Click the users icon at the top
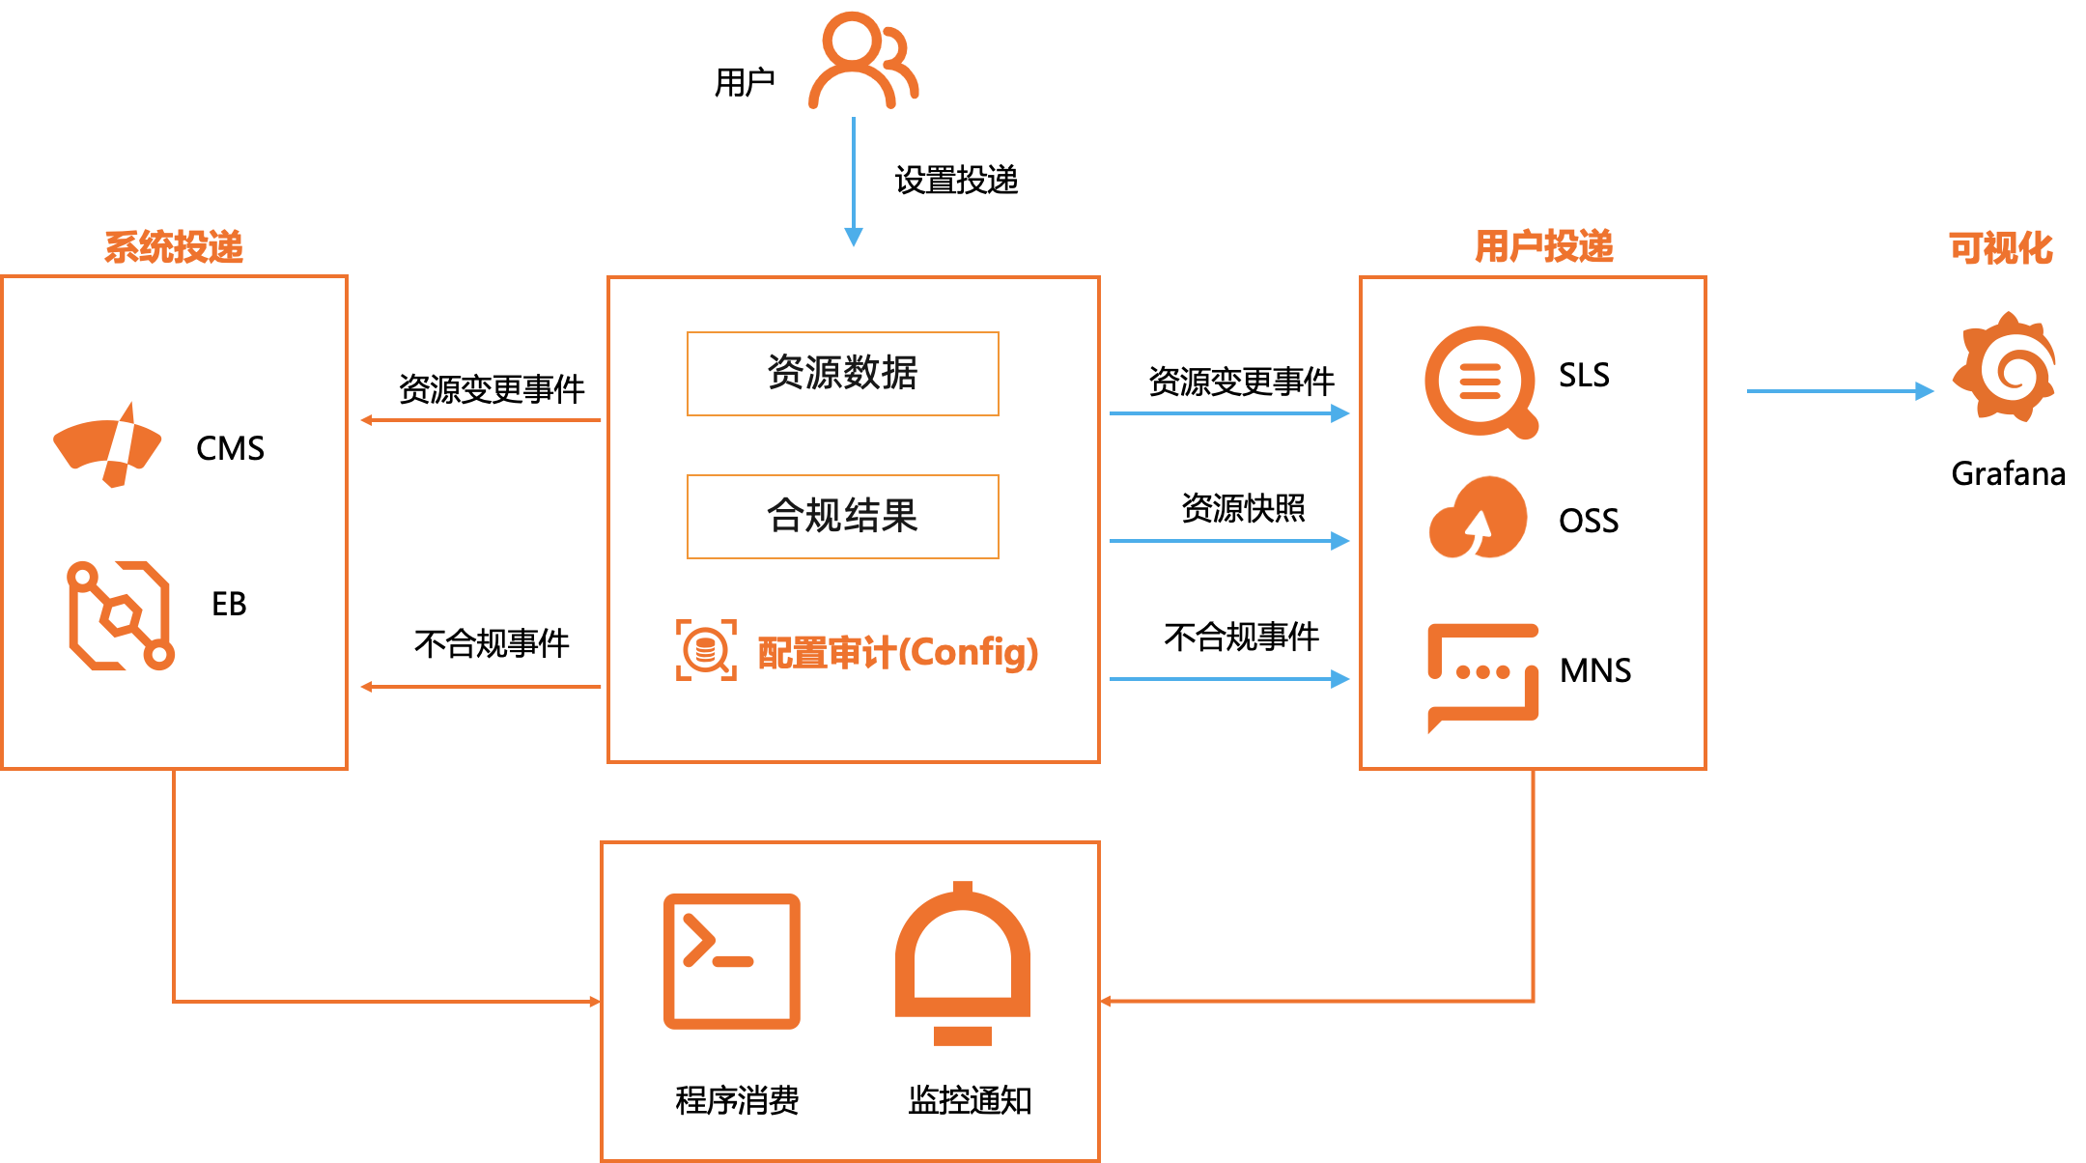[x=861, y=60]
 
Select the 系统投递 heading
[x=174, y=247]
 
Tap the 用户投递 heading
[x=1543, y=246]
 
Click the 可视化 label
[x=2000, y=248]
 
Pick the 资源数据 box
[x=842, y=374]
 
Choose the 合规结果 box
[x=842, y=517]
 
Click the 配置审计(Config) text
[x=897, y=653]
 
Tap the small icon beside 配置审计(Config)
[x=706, y=650]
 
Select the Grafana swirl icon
[x=2005, y=366]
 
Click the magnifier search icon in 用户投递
[x=1480, y=383]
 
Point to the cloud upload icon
[x=1478, y=519]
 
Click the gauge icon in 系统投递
[x=108, y=445]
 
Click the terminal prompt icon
[x=731, y=961]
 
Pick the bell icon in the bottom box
[x=962, y=962]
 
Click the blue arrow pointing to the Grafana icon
[x=1840, y=391]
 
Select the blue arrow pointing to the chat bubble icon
[x=1228, y=679]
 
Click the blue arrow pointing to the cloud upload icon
[x=1228, y=541]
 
